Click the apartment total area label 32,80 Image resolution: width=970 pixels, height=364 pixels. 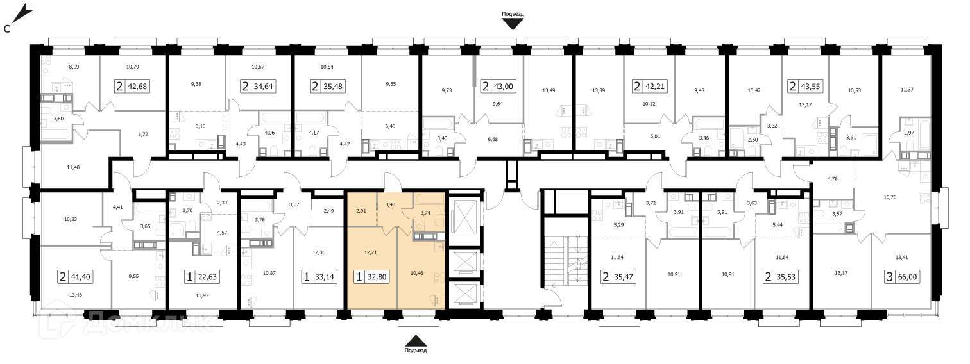click(x=377, y=277)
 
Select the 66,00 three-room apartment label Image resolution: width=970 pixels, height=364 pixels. click(x=908, y=277)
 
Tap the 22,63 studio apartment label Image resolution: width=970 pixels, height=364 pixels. click(x=207, y=277)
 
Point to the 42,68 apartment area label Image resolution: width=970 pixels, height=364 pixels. click(x=137, y=86)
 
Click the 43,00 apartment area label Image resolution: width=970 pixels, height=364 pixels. click(x=504, y=86)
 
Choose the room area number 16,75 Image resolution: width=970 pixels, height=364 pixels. click(x=890, y=197)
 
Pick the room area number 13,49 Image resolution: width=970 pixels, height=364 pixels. click(x=549, y=90)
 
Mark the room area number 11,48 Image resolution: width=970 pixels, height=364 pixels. click(x=73, y=167)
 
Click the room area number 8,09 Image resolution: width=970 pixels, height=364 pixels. click(x=74, y=67)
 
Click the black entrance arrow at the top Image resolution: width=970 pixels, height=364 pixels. click(x=513, y=24)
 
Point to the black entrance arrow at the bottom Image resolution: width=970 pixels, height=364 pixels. click(x=416, y=341)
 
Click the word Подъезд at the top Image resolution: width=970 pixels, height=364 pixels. click(x=513, y=14)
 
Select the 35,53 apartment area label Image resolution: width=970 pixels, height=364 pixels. click(x=785, y=277)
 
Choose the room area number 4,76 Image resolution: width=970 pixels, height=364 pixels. click(x=832, y=178)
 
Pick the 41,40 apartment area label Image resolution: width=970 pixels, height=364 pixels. click(x=81, y=277)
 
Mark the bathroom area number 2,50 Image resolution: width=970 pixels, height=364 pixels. click(x=753, y=139)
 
